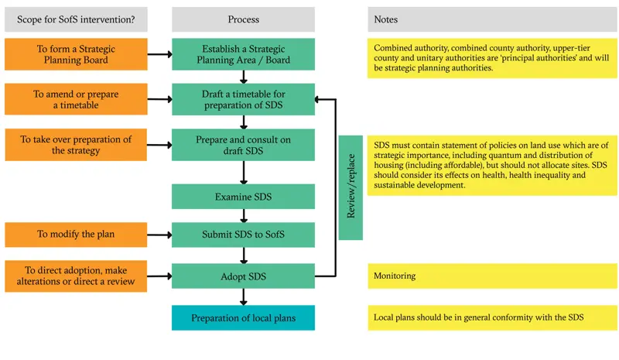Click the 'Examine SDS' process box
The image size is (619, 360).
[243, 197]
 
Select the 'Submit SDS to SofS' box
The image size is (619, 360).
[243, 235]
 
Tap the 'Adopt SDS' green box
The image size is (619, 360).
[243, 276]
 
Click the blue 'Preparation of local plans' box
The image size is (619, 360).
[243, 317]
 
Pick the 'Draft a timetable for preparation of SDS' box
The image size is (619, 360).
[243, 99]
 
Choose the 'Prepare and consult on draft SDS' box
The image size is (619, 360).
[243, 145]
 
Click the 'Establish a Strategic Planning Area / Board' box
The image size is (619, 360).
[243, 54]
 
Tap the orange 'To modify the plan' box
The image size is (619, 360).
[76, 235]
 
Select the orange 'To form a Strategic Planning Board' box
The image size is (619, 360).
[76, 54]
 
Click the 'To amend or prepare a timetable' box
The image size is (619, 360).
[76, 99]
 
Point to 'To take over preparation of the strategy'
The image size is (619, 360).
[76, 145]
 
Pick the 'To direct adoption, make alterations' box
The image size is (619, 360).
[76, 276]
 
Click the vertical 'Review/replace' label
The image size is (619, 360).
[351, 187]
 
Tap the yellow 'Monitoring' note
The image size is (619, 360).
[492, 276]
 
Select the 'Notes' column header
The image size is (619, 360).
[492, 19]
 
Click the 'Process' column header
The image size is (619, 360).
[243, 19]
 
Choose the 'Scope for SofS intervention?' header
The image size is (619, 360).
[76, 19]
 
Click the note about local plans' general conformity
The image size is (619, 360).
[492, 317]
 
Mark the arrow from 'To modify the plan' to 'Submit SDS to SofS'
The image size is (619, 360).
[159, 235]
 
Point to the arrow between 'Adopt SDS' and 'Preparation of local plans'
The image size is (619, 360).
[244, 297]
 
